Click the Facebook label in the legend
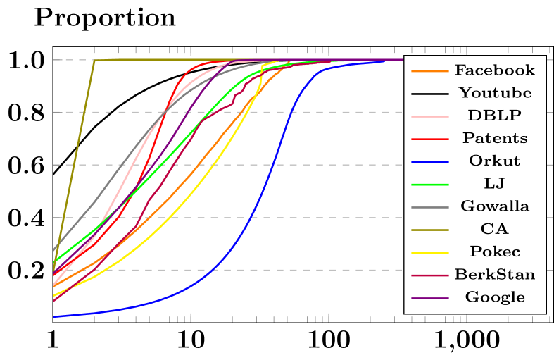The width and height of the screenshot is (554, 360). pyautogui.click(x=494, y=70)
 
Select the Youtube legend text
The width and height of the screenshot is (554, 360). pyautogui.click(x=494, y=93)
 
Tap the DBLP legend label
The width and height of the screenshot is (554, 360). pyautogui.click(x=494, y=116)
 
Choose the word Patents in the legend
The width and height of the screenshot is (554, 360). pyautogui.click(x=494, y=138)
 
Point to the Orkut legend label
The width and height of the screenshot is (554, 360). pyautogui.click(x=494, y=161)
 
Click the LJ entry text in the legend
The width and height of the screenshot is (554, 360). pyautogui.click(x=494, y=183)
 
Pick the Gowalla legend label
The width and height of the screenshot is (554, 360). pyautogui.click(x=494, y=206)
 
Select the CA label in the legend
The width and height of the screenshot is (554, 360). pyautogui.click(x=494, y=229)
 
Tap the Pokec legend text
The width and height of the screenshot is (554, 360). pyautogui.click(x=494, y=252)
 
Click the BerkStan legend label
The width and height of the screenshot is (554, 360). pyautogui.click(x=494, y=274)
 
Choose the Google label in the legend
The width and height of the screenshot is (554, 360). pyautogui.click(x=494, y=297)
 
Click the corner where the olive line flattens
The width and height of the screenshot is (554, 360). pyautogui.click(x=94, y=61)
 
